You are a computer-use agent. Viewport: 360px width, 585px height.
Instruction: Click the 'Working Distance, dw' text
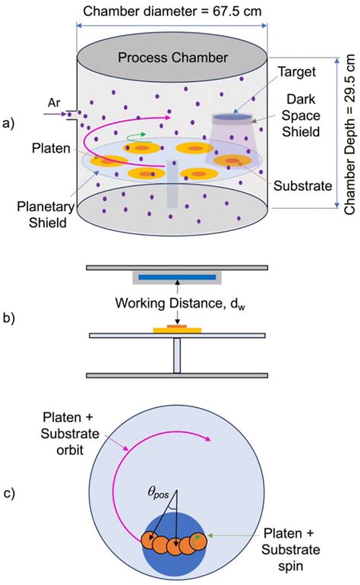177,305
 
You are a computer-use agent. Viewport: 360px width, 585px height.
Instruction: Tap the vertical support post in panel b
176,356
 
